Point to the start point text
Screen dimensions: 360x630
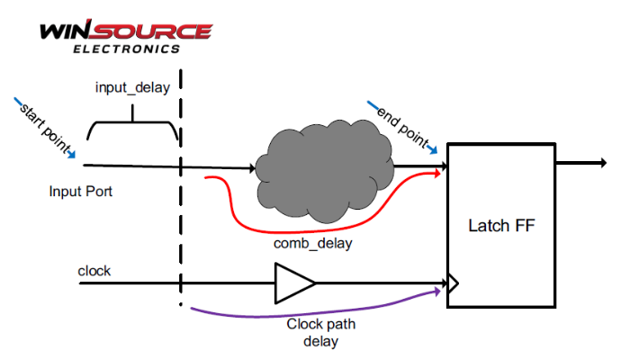[x=45, y=125]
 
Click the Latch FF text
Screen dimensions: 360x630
[x=502, y=225]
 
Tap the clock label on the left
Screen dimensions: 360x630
[x=94, y=270]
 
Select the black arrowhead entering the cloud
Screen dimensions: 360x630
[x=251, y=166]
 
